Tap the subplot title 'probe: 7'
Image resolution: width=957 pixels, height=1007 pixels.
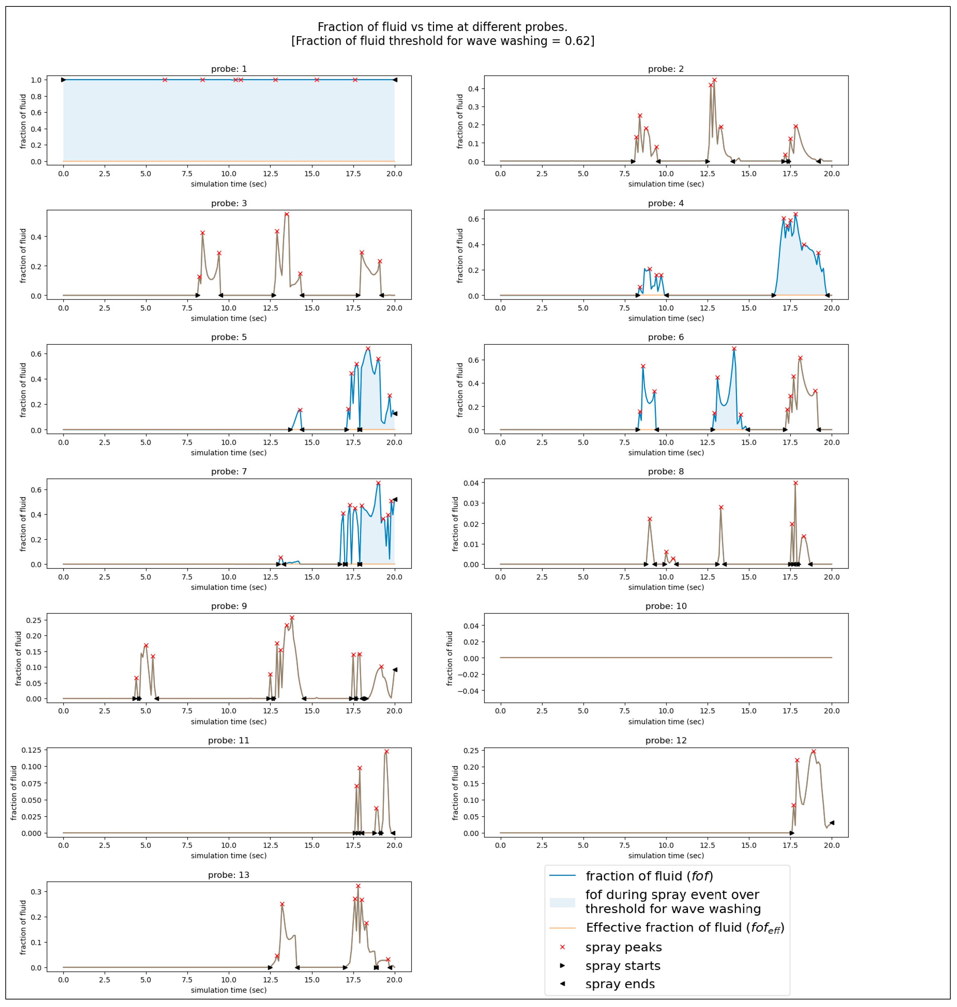click(x=229, y=471)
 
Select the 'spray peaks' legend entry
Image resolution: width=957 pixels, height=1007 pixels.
click(x=623, y=947)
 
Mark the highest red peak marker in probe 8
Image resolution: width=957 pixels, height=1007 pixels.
click(x=795, y=483)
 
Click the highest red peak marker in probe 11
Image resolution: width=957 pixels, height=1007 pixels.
click(x=386, y=751)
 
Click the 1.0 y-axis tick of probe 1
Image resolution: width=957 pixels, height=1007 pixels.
click(x=36, y=80)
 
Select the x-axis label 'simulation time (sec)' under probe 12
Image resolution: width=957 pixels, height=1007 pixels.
click(x=666, y=855)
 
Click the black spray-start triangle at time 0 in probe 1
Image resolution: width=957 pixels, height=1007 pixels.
click(x=63, y=80)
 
